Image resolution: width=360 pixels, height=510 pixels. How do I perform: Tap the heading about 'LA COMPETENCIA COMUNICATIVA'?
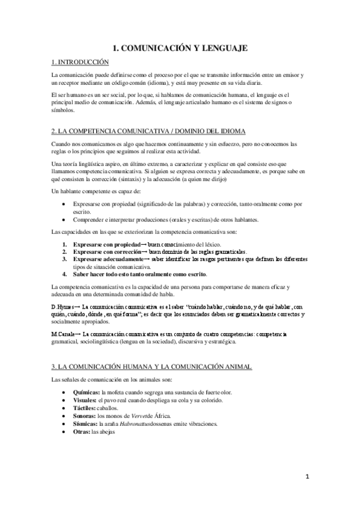pyautogui.click(x=148, y=131)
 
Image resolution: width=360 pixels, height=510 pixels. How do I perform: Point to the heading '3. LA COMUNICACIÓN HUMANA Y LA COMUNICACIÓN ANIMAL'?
pyautogui.click(x=151, y=366)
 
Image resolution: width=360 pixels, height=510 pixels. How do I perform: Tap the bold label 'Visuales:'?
pyautogui.click(x=85, y=400)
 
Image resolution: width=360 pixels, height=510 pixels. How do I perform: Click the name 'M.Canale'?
pyautogui.click(x=64, y=334)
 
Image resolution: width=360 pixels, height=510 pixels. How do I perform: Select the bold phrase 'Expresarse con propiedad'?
pyautogui.click(x=106, y=244)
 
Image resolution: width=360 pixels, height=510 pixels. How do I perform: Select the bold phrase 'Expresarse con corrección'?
pyautogui.click(x=107, y=251)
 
